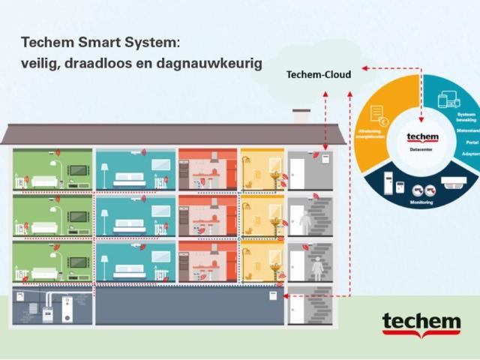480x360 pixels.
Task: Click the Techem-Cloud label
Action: pos(318,74)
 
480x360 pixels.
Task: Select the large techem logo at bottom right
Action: pos(421,324)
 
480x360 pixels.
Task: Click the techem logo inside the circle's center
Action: pos(420,137)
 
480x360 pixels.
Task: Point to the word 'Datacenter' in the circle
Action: pos(420,149)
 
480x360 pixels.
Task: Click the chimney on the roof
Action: pos(301,116)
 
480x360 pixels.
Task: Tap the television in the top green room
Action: pos(78,169)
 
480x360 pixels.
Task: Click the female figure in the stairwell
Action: pos(317,266)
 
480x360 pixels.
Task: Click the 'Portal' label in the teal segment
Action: pos(470,142)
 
